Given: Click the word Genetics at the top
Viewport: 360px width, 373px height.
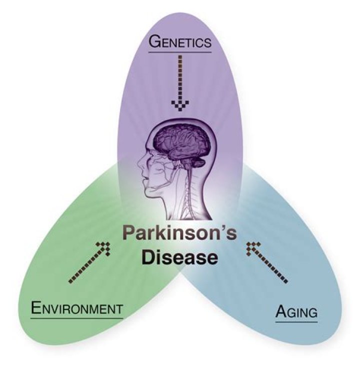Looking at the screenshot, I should click(180, 42).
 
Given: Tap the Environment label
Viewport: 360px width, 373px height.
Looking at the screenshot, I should click(76, 307).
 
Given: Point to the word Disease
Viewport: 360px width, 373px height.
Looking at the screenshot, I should click(179, 258).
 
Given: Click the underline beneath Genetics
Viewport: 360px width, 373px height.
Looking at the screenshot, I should click(180, 51).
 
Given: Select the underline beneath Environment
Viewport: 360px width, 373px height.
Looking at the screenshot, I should click(76, 317).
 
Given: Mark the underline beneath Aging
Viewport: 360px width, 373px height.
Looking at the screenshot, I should click(296, 321).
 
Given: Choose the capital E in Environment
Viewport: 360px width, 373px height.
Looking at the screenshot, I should click(35, 307).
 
